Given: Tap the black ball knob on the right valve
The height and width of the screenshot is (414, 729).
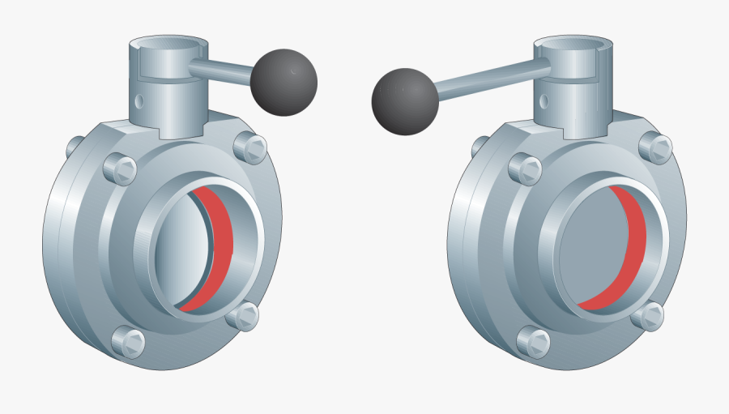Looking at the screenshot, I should (404, 100).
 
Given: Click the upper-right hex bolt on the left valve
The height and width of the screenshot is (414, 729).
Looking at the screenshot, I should (251, 147).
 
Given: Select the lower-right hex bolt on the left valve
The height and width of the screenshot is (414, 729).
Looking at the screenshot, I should (243, 315).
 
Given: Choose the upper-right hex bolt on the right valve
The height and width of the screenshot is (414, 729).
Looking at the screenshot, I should (656, 147).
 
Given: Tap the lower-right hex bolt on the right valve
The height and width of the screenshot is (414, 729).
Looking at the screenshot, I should (649, 315).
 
